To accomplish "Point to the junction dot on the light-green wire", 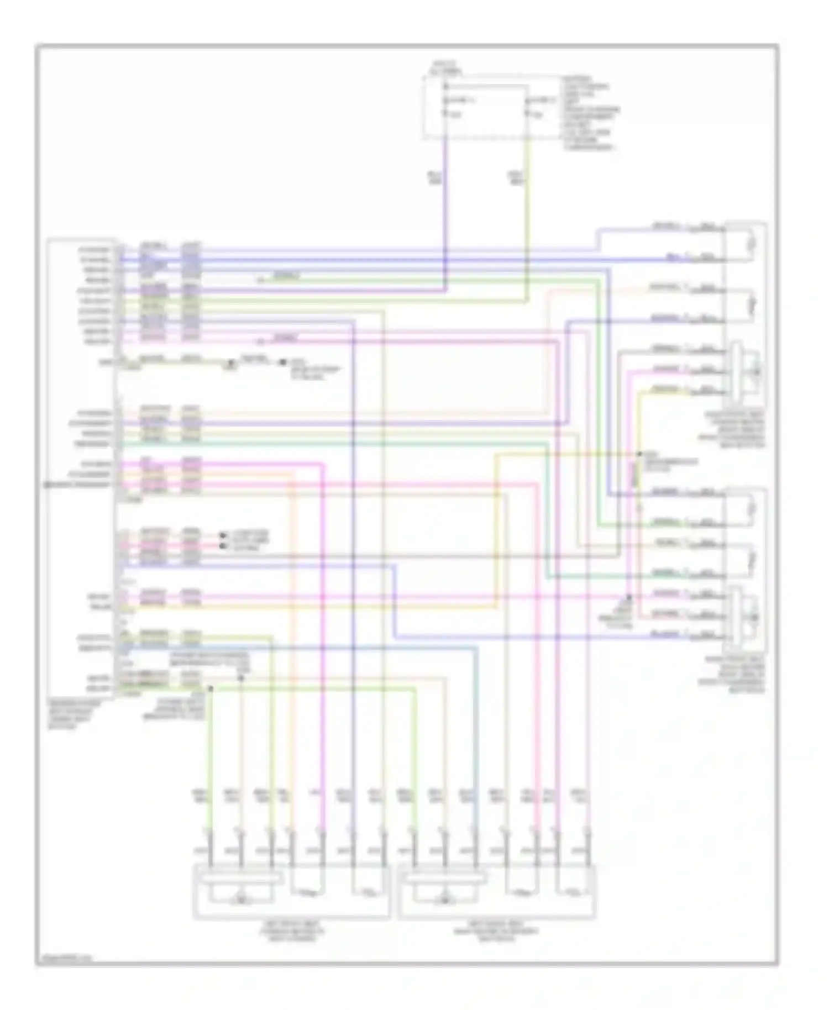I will pos(211,688).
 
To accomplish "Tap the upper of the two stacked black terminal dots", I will pos(222,535).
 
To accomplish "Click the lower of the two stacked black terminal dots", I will pos(222,546).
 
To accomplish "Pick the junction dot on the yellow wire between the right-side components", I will pos(637,454).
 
